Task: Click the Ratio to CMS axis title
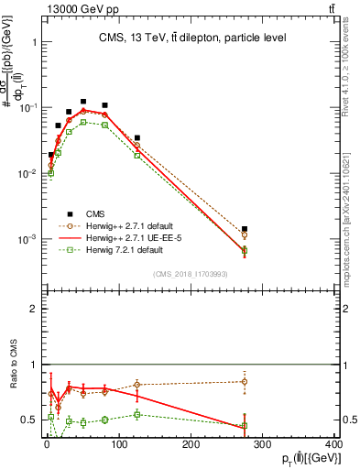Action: (12, 364)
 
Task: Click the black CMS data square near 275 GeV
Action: (245, 229)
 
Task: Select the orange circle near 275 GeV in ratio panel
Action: (245, 381)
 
